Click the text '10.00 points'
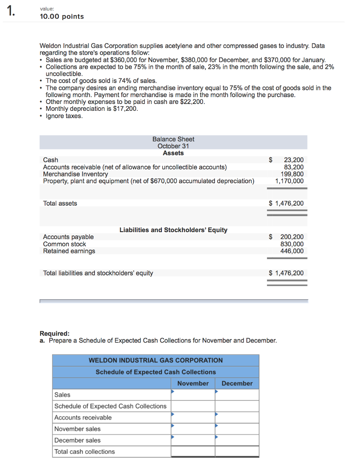point(62,16)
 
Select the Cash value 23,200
point(293,160)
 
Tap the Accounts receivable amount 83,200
point(293,167)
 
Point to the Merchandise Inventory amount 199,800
point(292,174)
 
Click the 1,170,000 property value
point(289,181)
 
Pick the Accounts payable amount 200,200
point(292,237)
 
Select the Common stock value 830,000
point(292,244)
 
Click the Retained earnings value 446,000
point(292,251)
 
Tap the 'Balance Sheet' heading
point(173,139)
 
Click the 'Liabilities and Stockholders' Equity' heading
point(173,230)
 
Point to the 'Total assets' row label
point(60,203)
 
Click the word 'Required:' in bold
point(55,333)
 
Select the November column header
point(193,384)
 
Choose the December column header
point(237,384)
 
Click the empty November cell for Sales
point(193,395)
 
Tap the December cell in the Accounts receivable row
point(237,418)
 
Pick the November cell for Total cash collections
point(193,452)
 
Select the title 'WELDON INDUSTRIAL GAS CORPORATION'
point(156,360)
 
